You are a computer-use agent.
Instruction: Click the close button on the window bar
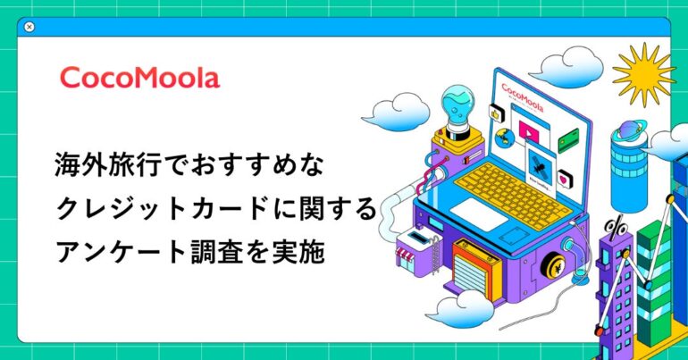(29, 27)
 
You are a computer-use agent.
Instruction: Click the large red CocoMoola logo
(139, 78)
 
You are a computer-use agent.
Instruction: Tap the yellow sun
(643, 74)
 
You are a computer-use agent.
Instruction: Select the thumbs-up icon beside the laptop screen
(496, 114)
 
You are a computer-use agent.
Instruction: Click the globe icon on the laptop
(505, 138)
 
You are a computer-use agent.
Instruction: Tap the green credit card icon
(568, 140)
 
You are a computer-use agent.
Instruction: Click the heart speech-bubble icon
(565, 179)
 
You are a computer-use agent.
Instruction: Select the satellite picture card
(541, 168)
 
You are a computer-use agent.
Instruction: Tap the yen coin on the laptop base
(554, 267)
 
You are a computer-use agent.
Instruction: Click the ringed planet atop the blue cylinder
(631, 130)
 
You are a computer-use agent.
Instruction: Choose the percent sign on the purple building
(617, 228)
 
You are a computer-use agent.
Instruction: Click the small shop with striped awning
(415, 252)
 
